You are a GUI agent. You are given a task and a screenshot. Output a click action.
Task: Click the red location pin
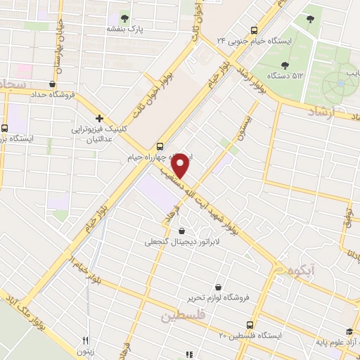coord(181,165)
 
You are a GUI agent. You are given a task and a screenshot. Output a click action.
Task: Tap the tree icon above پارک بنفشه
coord(124,18)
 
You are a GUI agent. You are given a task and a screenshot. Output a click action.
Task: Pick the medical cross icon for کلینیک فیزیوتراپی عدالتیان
coord(100,118)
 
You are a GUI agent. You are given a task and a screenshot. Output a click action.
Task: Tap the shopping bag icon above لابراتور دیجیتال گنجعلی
coord(183,231)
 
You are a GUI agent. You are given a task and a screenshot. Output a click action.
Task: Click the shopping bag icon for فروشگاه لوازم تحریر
coord(219,287)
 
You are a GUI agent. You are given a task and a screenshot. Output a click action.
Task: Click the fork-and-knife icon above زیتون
coord(86,338)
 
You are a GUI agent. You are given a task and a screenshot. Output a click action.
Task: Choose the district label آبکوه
coord(302,269)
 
